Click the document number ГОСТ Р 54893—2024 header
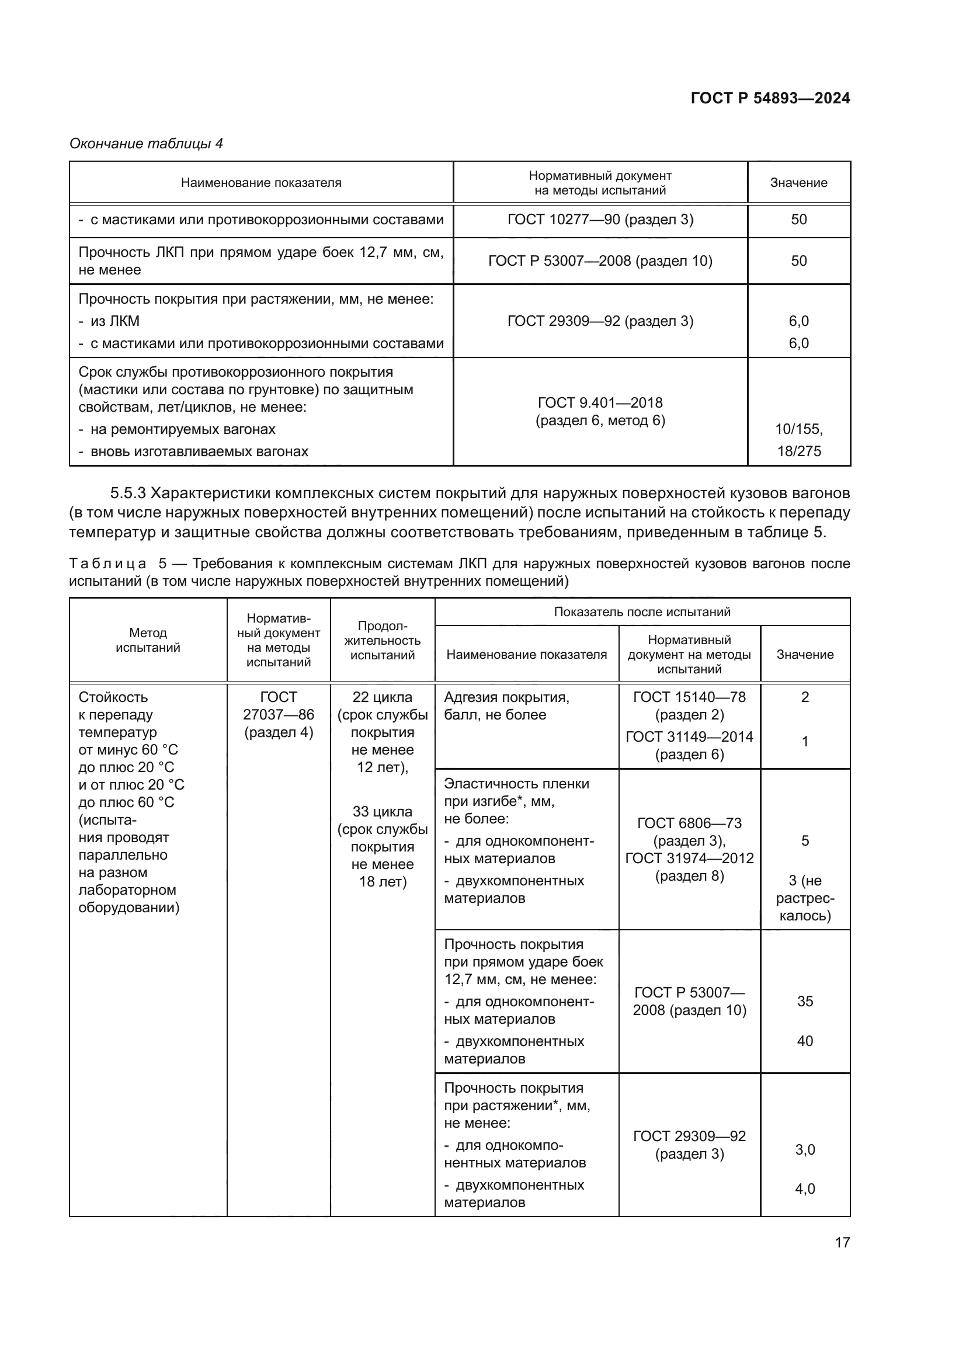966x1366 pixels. tap(770, 99)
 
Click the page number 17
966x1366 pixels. tap(842, 1242)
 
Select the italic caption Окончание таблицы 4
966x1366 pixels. tap(147, 144)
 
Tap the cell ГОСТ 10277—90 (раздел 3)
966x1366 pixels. tap(600, 220)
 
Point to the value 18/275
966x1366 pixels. tap(799, 451)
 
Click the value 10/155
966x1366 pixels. tap(799, 429)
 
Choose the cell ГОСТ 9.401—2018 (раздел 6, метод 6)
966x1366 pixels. tap(600, 411)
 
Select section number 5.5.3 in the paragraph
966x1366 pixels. tap(128, 493)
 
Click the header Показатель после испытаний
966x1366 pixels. tap(642, 611)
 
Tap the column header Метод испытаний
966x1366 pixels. tap(148, 640)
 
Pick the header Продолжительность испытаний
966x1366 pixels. tap(382, 640)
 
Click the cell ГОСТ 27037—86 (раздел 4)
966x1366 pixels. tap(279, 714)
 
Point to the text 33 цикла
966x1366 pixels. tap(382, 812)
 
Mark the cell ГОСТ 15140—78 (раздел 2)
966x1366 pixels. tap(689, 705)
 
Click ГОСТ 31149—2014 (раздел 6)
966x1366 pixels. tap(689, 745)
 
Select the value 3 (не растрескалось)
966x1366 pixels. tap(805, 898)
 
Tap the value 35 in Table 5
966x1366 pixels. tap(805, 1002)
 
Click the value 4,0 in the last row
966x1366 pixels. tap(805, 1188)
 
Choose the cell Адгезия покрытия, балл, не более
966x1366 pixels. tap(506, 705)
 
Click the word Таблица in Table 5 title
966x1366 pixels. tap(107, 564)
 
